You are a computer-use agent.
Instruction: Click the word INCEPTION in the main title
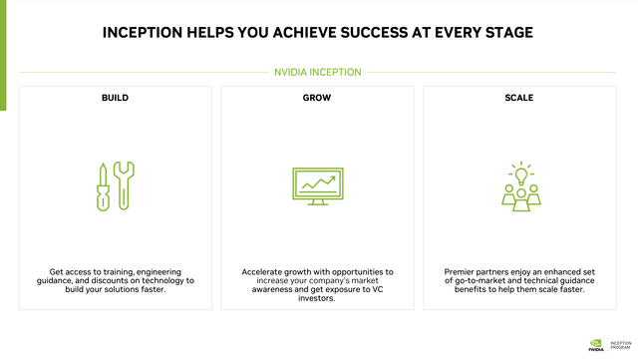(x=149, y=33)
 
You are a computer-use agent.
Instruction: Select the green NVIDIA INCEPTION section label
(x=318, y=72)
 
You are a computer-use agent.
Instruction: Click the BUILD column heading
(x=115, y=99)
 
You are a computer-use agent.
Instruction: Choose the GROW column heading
(x=318, y=99)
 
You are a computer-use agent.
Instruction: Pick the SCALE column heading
(x=519, y=99)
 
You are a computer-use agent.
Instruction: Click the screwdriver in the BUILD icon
(x=103, y=185)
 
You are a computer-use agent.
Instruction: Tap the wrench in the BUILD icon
(x=125, y=185)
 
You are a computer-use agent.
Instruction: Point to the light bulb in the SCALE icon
(x=518, y=173)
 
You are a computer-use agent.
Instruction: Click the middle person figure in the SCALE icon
(x=519, y=198)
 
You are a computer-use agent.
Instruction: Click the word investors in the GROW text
(x=318, y=298)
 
